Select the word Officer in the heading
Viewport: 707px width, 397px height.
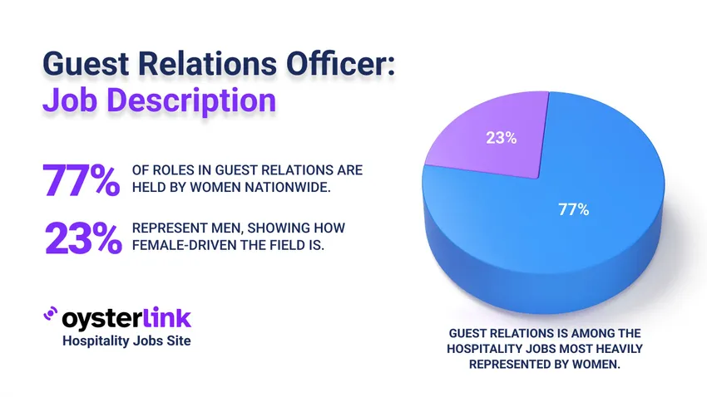coord(342,64)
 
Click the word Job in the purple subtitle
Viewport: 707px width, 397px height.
coord(70,101)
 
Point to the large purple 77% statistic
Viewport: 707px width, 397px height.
coord(82,181)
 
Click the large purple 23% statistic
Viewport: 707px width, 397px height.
coord(82,238)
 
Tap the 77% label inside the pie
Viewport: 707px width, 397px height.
coord(573,209)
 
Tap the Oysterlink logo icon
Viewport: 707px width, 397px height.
coord(50,317)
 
